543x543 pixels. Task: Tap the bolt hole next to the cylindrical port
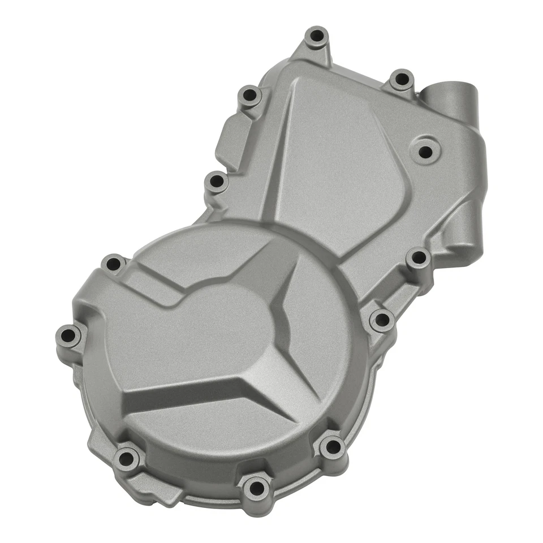coord(402,79)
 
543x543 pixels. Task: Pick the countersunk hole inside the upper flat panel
coord(425,150)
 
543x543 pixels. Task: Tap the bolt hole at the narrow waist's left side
coord(216,182)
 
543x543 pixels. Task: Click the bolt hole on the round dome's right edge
coord(382,320)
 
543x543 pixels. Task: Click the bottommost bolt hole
coord(256,487)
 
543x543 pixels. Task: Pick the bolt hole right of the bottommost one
coord(332,448)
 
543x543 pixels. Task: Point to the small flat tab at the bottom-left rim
coord(164,495)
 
